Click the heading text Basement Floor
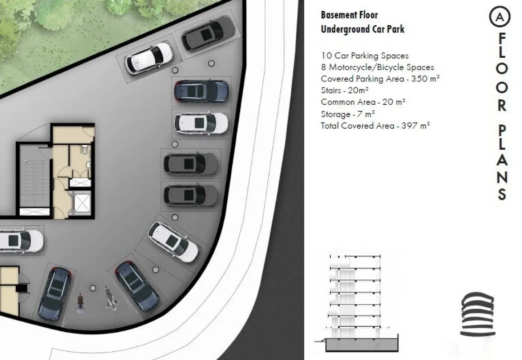(349, 15)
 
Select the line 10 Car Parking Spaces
(364, 56)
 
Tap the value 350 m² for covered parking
(425, 79)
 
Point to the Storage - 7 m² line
(348, 114)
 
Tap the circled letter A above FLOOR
(499, 17)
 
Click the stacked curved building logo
(477, 314)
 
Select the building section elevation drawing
(357, 302)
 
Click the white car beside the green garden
(149, 58)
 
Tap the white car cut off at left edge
(21, 240)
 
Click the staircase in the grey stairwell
(35, 181)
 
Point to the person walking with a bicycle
(111, 299)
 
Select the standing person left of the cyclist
(80, 302)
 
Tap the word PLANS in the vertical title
(502, 163)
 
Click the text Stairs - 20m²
(345, 90)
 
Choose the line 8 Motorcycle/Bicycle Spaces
(377, 67)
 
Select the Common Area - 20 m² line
(363, 102)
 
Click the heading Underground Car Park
(363, 29)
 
